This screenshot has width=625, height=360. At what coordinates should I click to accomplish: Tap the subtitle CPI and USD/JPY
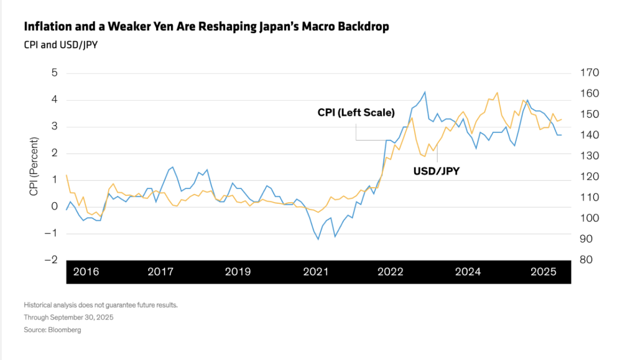tap(61, 44)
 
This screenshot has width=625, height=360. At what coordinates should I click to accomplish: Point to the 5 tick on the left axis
tap(54, 72)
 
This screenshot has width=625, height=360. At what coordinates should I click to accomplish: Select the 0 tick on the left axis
tap(54, 206)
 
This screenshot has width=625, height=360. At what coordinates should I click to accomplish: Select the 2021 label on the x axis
tap(316, 272)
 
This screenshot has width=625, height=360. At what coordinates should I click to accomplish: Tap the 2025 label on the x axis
tap(543, 272)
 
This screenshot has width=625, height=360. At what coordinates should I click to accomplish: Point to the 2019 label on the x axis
tap(238, 272)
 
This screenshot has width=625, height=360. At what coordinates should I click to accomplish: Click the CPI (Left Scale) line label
tap(356, 113)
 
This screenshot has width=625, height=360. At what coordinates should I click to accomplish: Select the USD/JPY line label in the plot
tap(437, 170)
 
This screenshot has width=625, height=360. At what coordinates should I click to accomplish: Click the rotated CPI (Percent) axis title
tap(34, 167)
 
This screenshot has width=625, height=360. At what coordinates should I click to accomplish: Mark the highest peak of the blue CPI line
tap(425, 92)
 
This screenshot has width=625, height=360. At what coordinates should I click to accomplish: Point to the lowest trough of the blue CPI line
tap(318, 239)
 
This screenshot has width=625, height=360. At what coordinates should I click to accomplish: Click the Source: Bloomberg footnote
tap(52, 330)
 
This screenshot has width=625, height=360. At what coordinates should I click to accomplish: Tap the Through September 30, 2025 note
tap(68, 317)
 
